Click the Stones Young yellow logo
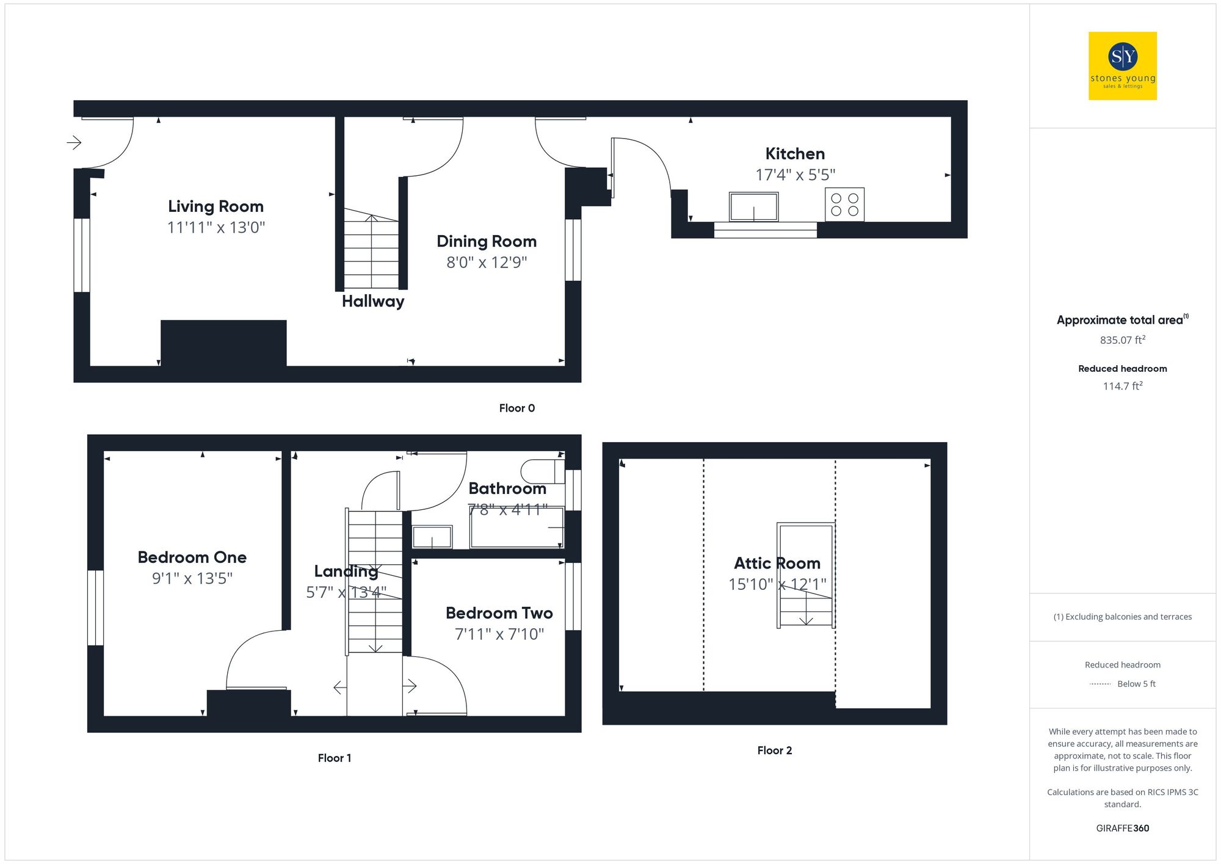click(1122, 66)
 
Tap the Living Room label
click(216, 206)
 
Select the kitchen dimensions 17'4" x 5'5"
click(795, 175)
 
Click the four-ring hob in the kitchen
click(844, 205)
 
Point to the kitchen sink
click(753, 207)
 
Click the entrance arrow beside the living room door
click(74, 143)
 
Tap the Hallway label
click(372, 301)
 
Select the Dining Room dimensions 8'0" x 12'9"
click(486, 263)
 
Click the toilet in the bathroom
click(542, 471)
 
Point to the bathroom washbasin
click(432, 537)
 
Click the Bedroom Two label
click(499, 613)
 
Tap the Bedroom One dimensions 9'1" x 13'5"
click(192, 578)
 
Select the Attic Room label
click(777, 563)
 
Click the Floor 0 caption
click(516, 408)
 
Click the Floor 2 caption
click(774, 750)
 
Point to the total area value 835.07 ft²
click(1122, 340)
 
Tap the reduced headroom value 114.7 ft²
click(1122, 386)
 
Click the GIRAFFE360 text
click(1122, 828)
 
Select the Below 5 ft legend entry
click(1136, 684)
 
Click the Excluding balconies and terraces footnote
click(1122, 617)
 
